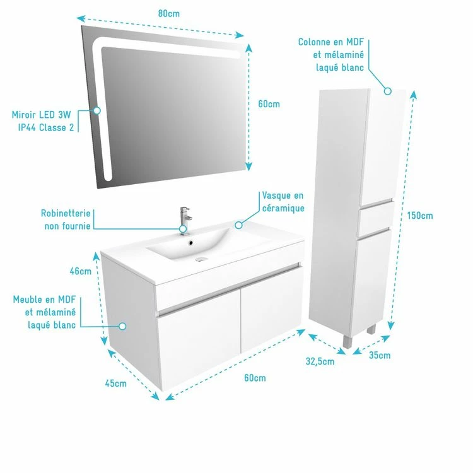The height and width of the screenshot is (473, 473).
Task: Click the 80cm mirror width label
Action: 168,14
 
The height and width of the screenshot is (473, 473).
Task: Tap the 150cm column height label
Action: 420,216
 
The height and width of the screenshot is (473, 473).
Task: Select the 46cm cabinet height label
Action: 81,271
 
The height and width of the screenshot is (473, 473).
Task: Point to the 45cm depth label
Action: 116,383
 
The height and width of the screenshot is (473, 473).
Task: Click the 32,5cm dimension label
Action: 320,361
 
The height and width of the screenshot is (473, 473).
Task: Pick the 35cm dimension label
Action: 380,355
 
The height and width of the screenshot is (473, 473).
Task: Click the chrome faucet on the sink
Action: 185,220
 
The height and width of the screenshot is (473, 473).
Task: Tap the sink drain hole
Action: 190,242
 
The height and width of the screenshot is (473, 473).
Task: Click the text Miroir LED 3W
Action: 42,115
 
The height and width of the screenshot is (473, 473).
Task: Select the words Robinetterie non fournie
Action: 66,219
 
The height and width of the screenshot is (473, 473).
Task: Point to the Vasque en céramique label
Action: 283,202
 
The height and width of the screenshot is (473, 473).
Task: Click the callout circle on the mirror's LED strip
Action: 97,111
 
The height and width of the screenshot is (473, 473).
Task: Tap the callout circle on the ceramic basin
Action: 238,225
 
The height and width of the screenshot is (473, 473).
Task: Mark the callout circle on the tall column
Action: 388,91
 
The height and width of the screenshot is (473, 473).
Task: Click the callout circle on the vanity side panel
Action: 122,326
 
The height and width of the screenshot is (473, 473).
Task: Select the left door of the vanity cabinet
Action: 200,341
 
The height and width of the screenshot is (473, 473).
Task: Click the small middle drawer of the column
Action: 375,218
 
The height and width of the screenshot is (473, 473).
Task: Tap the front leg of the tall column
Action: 347,341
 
